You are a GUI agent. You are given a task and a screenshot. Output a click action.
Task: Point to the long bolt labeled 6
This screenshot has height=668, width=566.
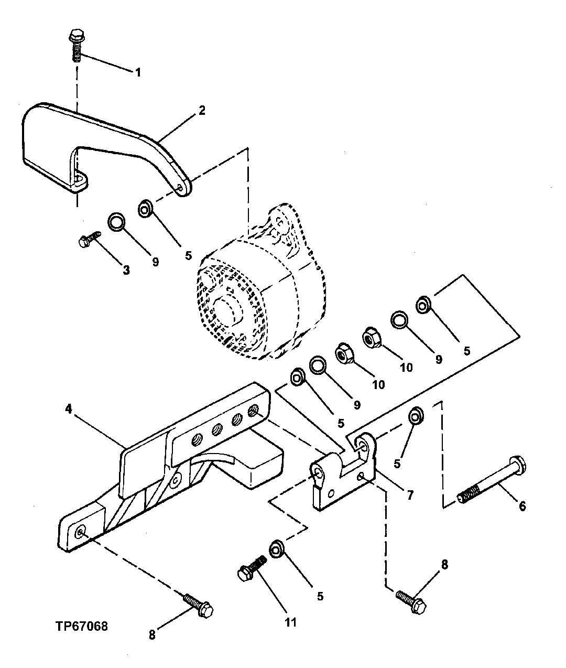coord(493,480)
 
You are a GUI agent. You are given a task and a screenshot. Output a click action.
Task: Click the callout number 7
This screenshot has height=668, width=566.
coord(409,494)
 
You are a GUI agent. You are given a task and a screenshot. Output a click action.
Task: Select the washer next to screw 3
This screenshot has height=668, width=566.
coord(116,222)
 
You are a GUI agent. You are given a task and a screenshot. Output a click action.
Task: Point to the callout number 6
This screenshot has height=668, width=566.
coord(522,506)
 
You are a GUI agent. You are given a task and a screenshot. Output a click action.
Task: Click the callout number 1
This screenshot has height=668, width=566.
coord(138,72)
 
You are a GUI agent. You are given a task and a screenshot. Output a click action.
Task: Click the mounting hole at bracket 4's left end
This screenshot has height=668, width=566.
coord(79,533)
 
